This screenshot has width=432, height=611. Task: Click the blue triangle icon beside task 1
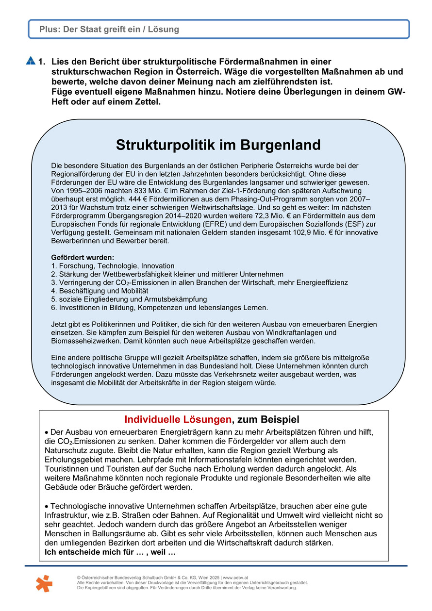(x=30, y=61)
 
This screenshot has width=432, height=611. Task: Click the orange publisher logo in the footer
(x=44, y=583)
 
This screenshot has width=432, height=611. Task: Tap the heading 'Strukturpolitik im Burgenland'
(x=218, y=145)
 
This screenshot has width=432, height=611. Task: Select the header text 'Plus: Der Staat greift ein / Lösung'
(x=110, y=30)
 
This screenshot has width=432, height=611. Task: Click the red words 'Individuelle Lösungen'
(x=178, y=419)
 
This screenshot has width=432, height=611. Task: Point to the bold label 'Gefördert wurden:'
(x=83, y=257)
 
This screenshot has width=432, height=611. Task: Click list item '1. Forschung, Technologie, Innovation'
(x=113, y=266)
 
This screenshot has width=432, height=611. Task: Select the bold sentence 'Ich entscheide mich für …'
(x=110, y=553)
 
